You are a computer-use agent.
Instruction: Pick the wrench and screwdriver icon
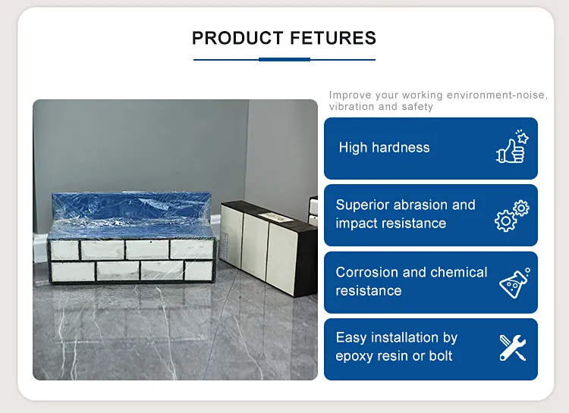click(513, 347)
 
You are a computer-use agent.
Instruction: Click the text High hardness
click(384, 148)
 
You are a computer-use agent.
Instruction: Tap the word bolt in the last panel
click(440, 356)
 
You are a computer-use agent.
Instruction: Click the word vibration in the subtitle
click(351, 107)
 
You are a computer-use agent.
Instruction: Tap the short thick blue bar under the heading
click(284, 59)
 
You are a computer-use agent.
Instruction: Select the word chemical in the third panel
click(459, 272)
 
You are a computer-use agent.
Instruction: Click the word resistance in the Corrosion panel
click(369, 291)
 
